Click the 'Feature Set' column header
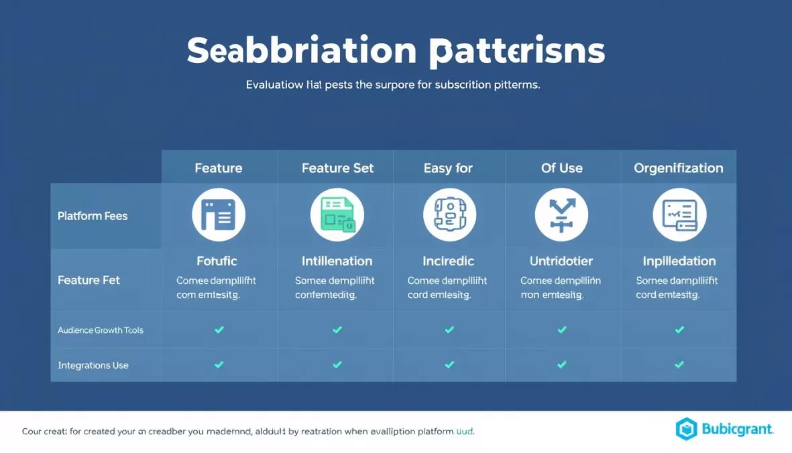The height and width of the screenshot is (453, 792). pyautogui.click(x=337, y=168)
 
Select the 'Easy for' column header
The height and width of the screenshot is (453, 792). pyautogui.click(x=448, y=168)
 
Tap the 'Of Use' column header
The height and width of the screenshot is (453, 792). pyautogui.click(x=561, y=168)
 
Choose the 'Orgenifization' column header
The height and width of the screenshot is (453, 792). pyautogui.click(x=679, y=168)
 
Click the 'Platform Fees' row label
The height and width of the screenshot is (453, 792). pyautogui.click(x=93, y=216)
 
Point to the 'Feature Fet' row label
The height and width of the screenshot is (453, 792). pyautogui.click(x=89, y=280)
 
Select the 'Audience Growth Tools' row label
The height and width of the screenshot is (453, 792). pyautogui.click(x=101, y=330)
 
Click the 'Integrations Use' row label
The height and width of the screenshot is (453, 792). pyautogui.click(x=93, y=366)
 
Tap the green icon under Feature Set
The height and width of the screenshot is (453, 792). pyautogui.click(x=337, y=215)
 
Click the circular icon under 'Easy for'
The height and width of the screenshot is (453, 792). pyautogui.click(x=449, y=215)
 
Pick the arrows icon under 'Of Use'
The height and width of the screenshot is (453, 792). pyautogui.click(x=561, y=215)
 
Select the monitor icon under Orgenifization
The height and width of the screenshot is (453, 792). pyautogui.click(x=679, y=215)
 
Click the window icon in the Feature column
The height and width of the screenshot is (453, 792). pyautogui.click(x=219, y=215)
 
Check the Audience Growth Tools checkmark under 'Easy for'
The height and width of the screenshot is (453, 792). pyautogui.click(x=449, y=330)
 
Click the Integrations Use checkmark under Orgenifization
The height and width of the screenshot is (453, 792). pyautogui.click(x=679, y=364)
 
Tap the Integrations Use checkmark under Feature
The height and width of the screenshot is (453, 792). pyautogui.click(x=219, y=364)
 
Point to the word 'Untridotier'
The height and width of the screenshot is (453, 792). pyautogui.click(x=561, y=261)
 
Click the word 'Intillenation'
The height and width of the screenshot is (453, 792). pyautogui.click(x=337, y=261)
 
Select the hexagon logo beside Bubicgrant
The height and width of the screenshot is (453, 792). pyautogui.click(x=686, y=429)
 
